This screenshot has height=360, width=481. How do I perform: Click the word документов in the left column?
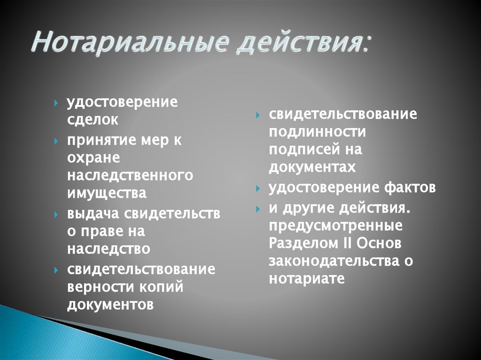110,305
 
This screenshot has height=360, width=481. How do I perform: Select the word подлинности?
318,132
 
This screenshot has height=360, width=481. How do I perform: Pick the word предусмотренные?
336,226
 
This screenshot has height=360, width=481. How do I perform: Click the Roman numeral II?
346,243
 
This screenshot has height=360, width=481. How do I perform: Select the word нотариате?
307,278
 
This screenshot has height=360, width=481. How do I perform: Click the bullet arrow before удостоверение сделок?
56,103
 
